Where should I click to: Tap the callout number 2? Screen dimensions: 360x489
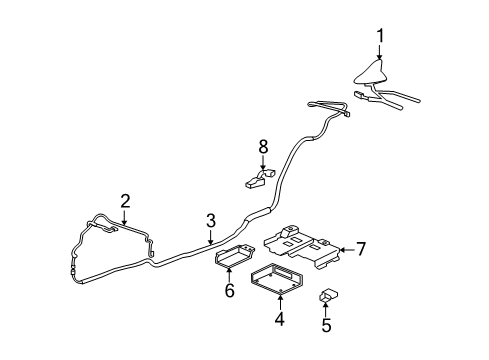[x=125, y=200]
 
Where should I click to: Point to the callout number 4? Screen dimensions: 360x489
[x=279, y=319]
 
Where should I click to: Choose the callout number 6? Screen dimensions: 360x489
[x=229, y=291]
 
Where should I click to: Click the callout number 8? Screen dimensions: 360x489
[x=264, y=146]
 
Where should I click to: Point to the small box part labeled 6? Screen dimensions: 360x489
[x=231, y=258]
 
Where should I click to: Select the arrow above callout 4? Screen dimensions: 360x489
[x=279, y=301]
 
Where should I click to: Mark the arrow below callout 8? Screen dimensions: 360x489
[x=264, y=163]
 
